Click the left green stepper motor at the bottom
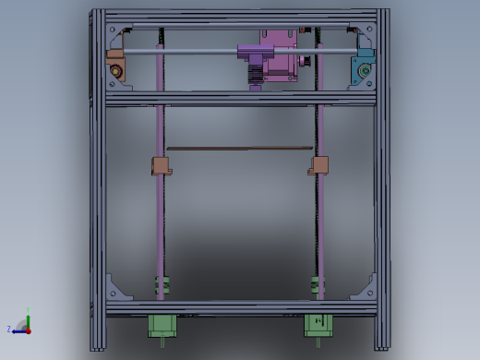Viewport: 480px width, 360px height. tap(162, 326)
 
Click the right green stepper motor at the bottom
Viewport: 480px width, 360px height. tap(318, 326)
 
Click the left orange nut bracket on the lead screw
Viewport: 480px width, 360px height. tap(162, 166)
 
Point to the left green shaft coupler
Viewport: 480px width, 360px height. tap(162, 285)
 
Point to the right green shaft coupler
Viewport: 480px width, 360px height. tap(318, 285)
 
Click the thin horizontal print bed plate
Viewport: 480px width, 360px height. tap(240, 147)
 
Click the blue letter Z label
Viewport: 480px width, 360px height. tap(9, 329)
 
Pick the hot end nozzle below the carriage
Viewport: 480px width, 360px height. tap(255, 75)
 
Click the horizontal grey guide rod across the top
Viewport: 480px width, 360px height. tap(185, 53)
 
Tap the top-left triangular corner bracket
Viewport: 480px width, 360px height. tap(115, 37)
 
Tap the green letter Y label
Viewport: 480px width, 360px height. tap(28, 310)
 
